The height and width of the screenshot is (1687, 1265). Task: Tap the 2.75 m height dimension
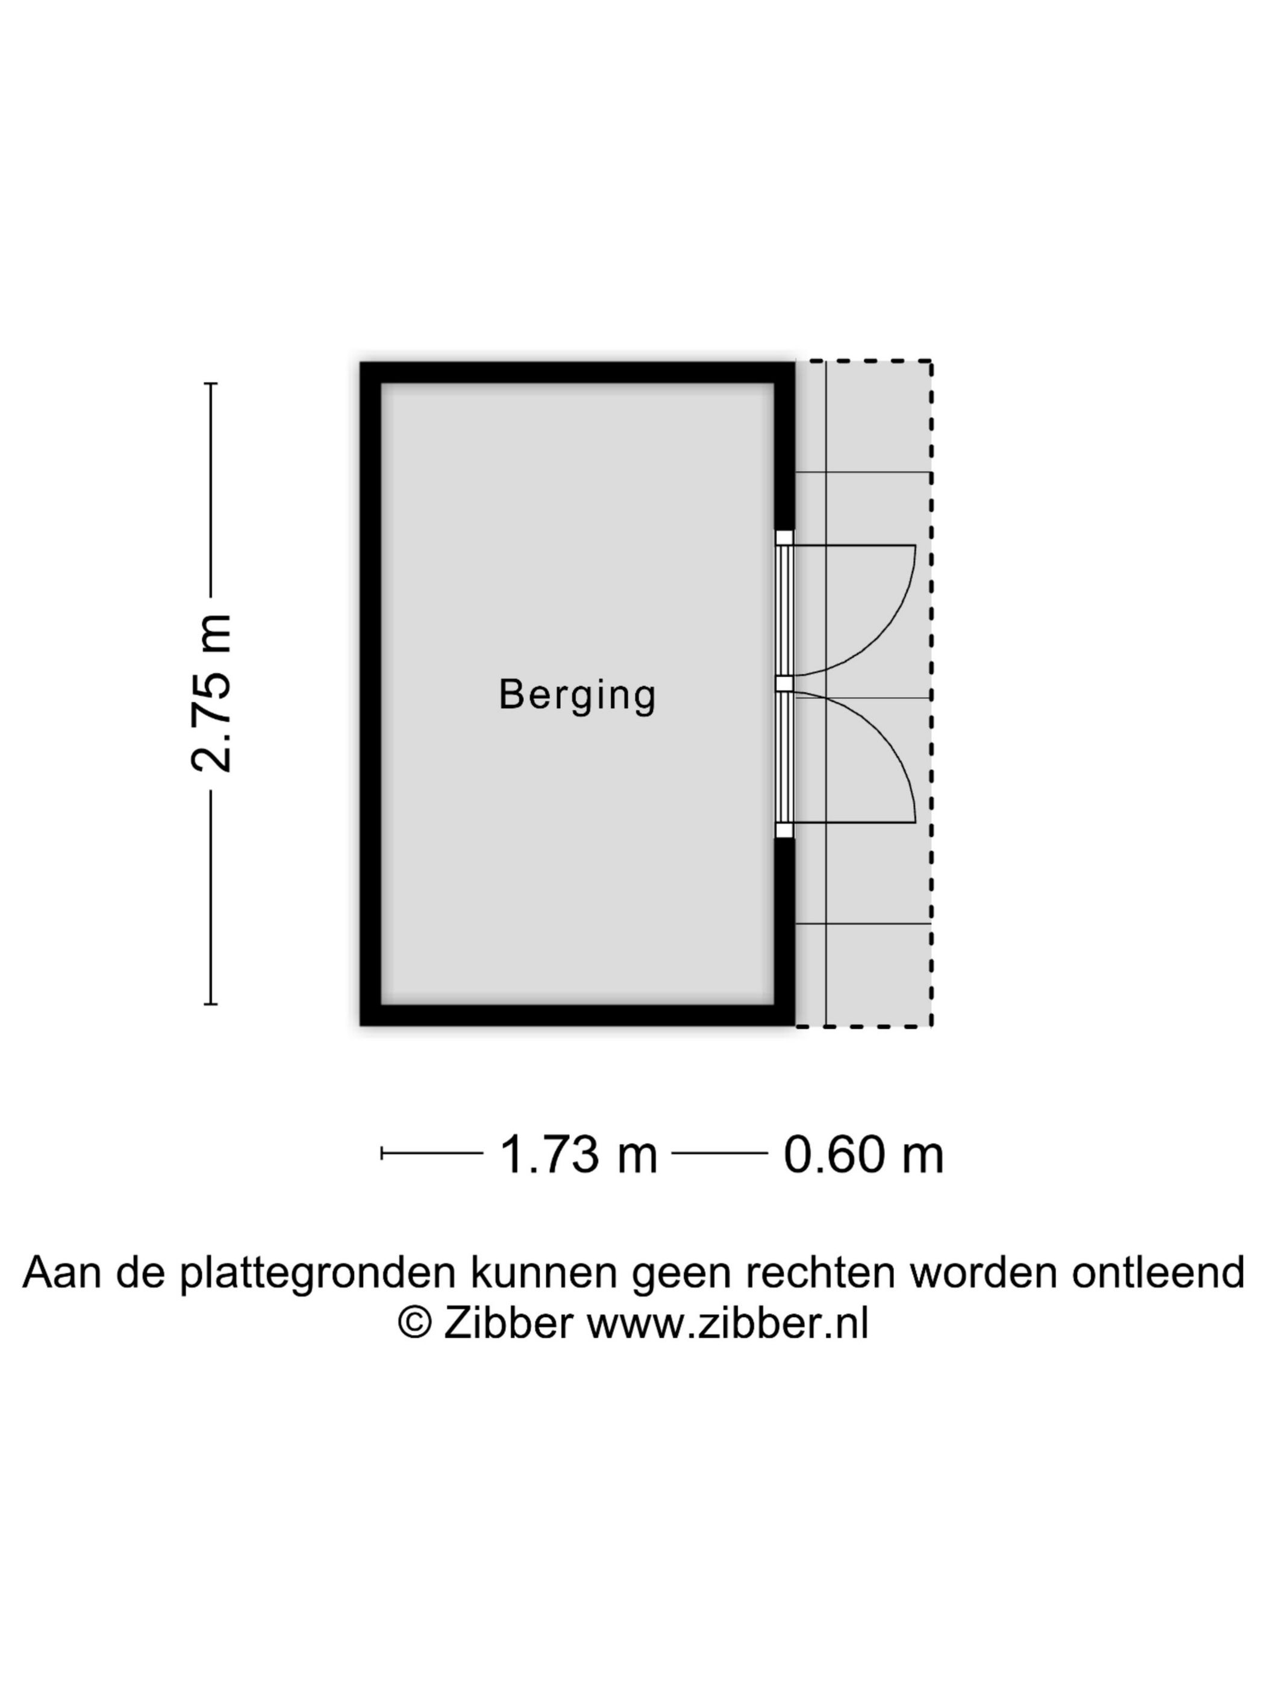point(210,693)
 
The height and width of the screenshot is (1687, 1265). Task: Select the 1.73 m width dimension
point(578,1154)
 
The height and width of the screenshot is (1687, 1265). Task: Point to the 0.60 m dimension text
point(863,1154)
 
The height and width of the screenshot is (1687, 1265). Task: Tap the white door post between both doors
point(784,683)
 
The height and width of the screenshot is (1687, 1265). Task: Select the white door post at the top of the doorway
point(784,537)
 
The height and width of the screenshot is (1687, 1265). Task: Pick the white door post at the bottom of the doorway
point(784,830)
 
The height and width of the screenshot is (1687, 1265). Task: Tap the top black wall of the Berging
point(577,373)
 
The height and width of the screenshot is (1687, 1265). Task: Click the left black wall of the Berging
point(370,693)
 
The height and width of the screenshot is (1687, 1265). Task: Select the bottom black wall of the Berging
point(577,1015)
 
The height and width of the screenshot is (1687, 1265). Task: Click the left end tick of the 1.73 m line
point(381,1153)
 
